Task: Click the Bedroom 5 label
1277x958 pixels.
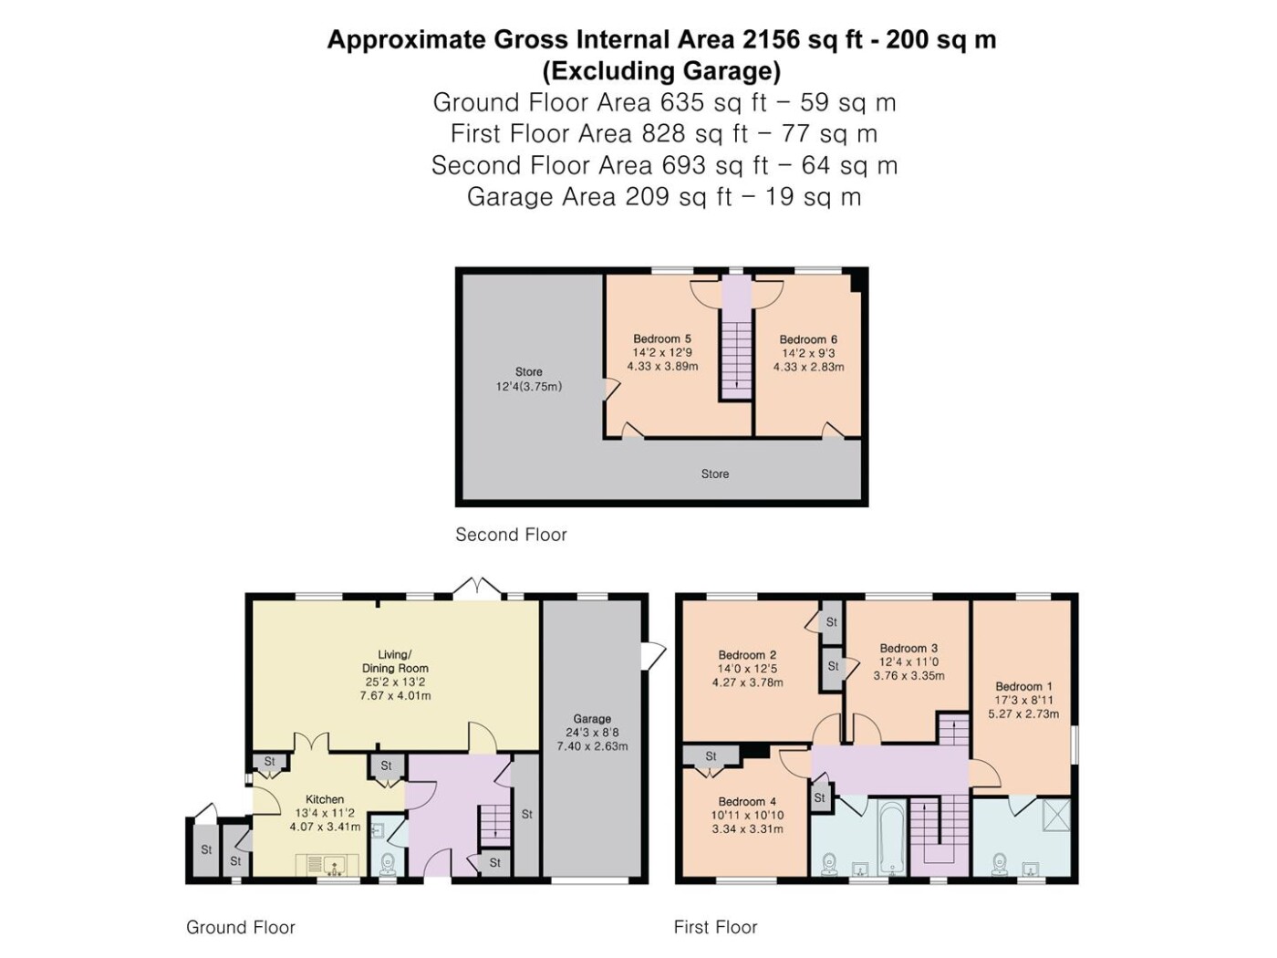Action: coord(662,338)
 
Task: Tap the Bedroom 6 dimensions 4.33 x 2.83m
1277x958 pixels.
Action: coord(808,367)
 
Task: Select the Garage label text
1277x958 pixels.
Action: coord(592,719)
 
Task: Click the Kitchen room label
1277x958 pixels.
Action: coord(325,799)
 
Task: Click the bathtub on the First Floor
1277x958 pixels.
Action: coord(892,838)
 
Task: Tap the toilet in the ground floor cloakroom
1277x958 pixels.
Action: coord(387,865)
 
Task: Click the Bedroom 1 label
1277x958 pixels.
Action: coord(1023,686)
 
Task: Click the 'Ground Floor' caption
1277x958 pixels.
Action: coord(240,927)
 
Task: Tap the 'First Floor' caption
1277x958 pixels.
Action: coord(716,927)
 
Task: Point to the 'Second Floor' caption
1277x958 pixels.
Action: coord(511,535)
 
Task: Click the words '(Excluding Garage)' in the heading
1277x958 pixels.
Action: coord(661,71)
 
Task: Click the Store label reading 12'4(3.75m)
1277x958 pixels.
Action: coord(529,387)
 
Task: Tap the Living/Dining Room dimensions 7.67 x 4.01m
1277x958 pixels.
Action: coord(395,695)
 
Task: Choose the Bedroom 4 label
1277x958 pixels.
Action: coord(747,802)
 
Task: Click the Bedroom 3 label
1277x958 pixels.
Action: coord(908,648)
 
